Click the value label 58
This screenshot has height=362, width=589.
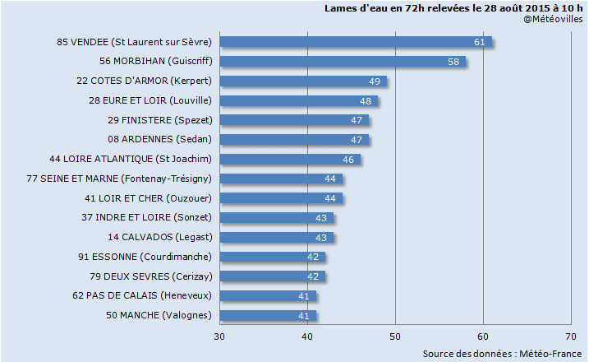click(x=453, y=62)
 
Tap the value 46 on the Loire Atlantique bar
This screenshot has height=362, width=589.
click(x=348, y=159)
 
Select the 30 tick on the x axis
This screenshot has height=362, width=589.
click(x=220, y=336)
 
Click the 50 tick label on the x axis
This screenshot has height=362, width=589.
click(x=395, y=336)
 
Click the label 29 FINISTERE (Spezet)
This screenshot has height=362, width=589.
click(x=160, y=120)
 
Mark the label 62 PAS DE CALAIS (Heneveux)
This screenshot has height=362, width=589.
click(x=142, y=295)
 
